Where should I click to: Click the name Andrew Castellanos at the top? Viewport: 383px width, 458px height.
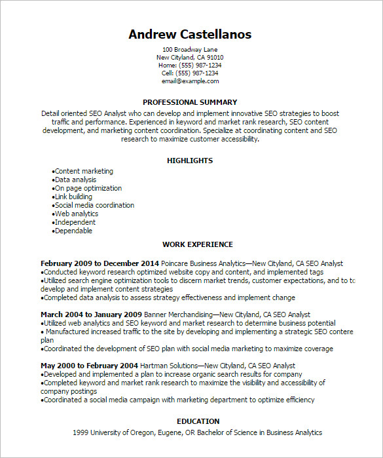point(190,34)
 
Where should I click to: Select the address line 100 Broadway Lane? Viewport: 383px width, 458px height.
point(190,50)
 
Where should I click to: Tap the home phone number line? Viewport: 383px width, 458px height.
point(190,66)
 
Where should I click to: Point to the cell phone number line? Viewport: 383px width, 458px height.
point(190,73)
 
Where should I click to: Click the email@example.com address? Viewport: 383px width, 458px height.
point(190,81)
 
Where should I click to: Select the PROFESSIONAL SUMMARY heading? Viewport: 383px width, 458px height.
point(190,102)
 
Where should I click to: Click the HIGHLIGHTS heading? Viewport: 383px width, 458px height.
point(190,161)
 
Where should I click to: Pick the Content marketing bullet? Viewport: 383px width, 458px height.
point(84,171)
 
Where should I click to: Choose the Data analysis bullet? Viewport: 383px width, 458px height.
point(75,180)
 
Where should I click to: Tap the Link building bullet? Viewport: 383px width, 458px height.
point(73,197)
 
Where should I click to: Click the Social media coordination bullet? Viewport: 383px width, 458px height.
point(94,205)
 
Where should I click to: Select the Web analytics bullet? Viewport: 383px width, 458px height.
point(76,214)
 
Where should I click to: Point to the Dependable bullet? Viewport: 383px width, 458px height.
point(73,231)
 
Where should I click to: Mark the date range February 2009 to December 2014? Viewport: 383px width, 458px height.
point(100,263)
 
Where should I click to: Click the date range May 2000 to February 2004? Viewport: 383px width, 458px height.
point(89,366)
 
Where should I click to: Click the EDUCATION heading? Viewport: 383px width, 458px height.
point(198,421)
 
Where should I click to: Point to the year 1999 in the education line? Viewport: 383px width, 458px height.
point(81,432)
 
